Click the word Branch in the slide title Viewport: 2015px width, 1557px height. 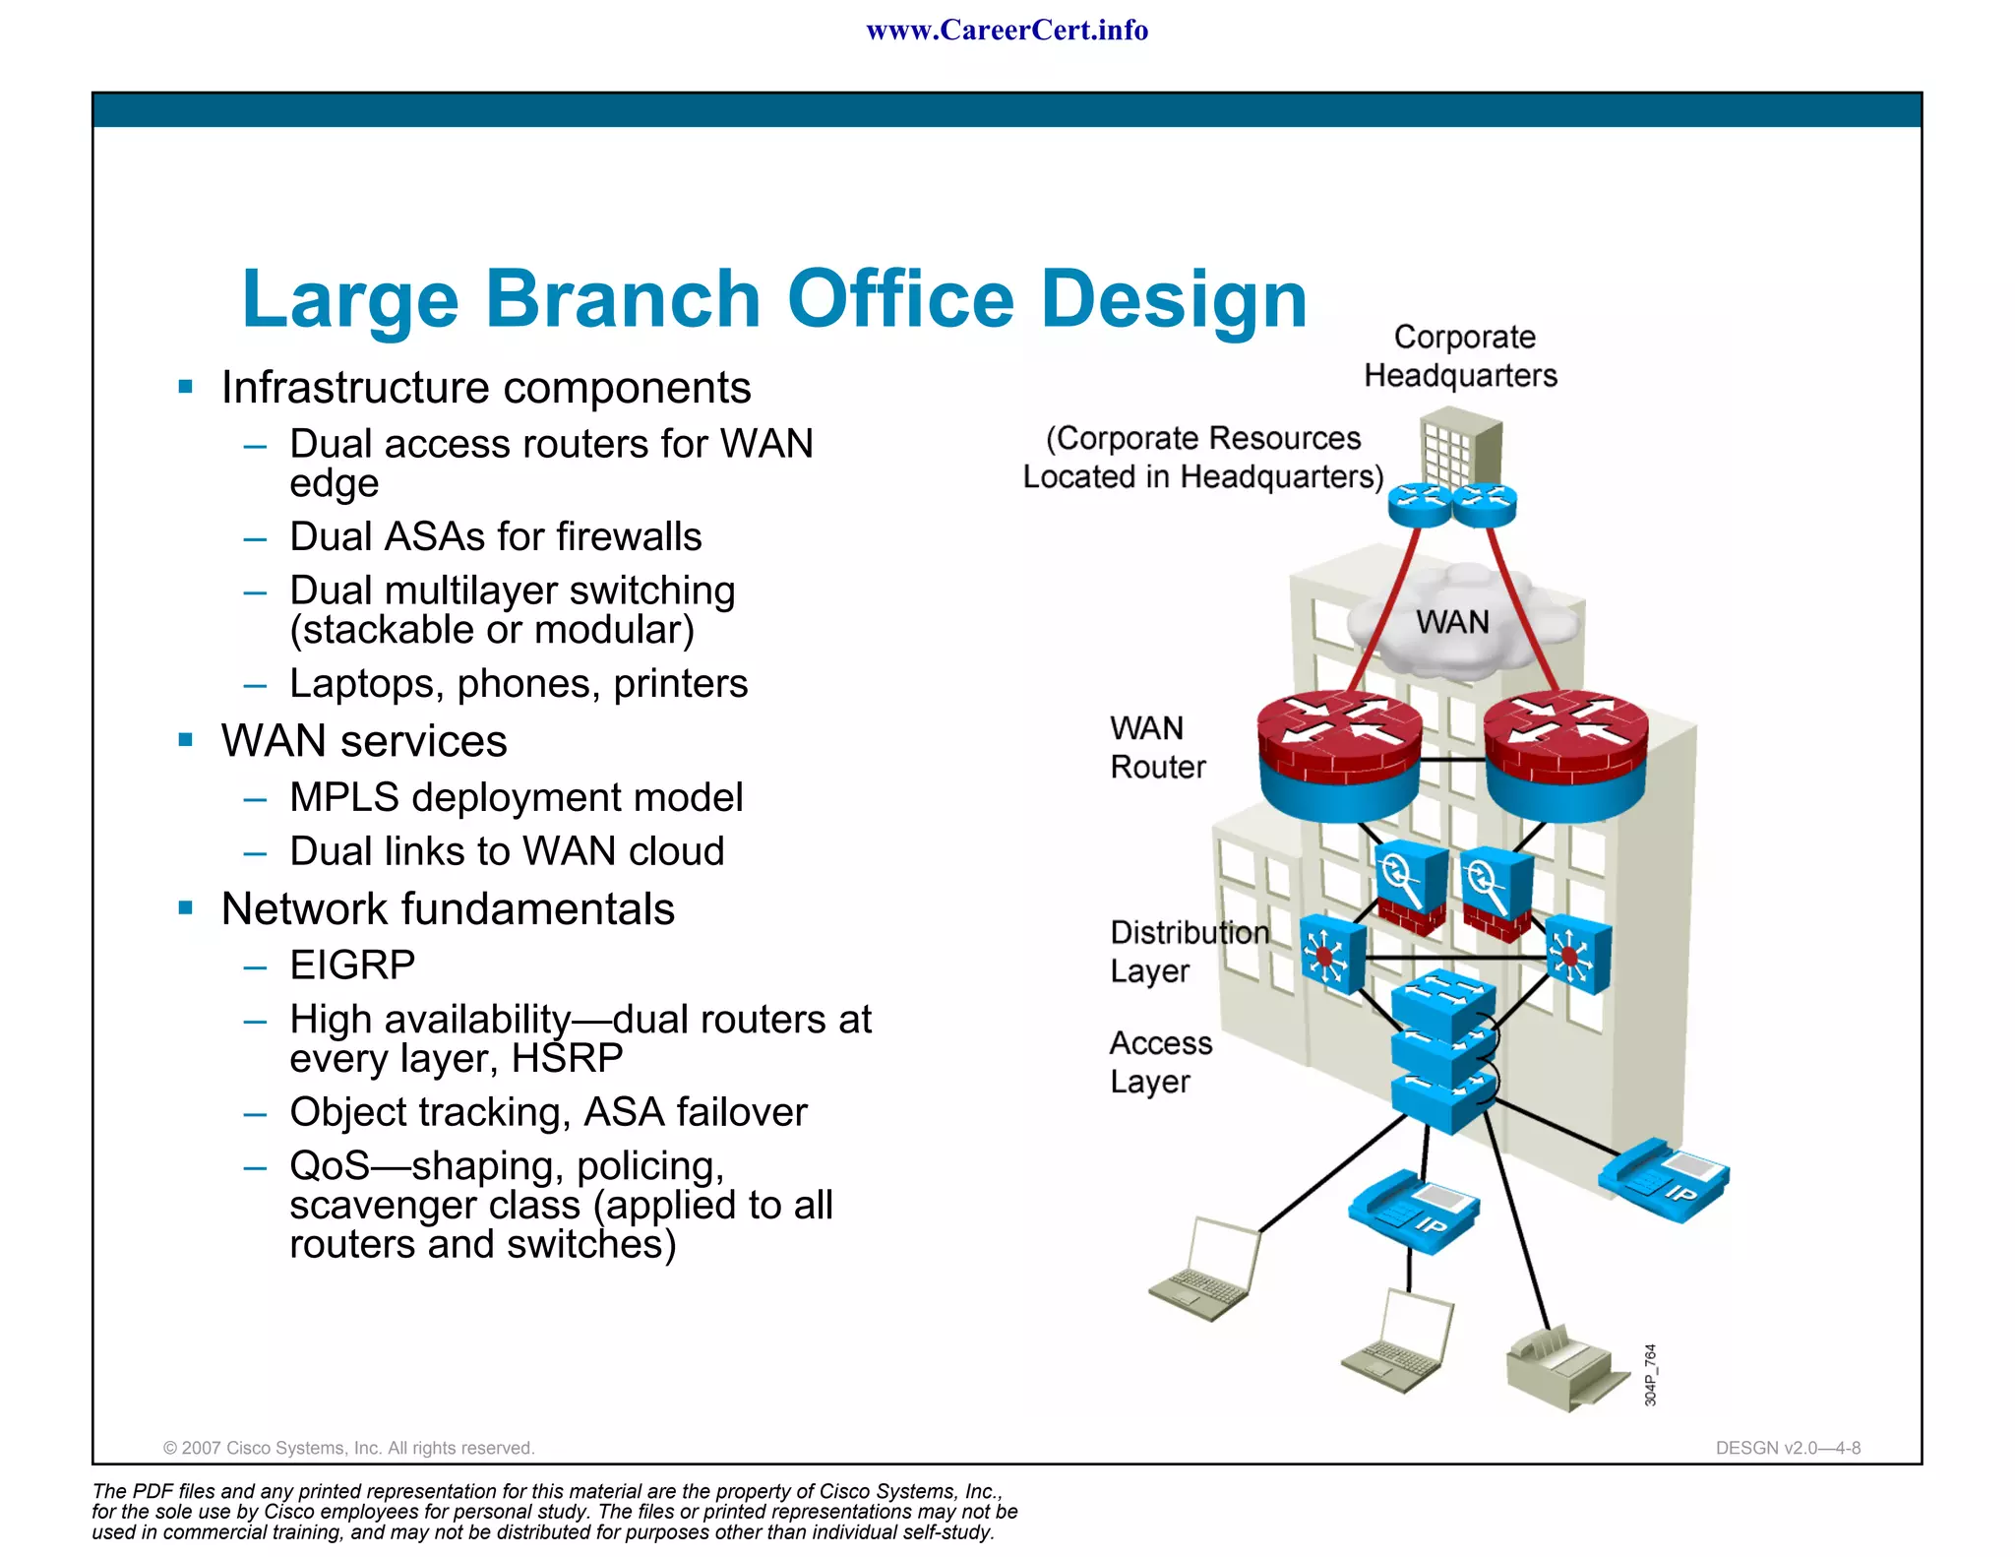coord(622,299)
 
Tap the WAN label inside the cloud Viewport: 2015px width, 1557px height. coord(1452,623)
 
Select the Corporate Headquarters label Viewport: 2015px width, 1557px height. coord(1462,356)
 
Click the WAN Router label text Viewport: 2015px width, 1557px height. coord(1156,748)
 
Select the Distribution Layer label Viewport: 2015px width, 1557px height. coord(1189,952)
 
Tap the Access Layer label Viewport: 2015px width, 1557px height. coord(1160,1062)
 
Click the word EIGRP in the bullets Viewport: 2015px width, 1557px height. coord(352,965)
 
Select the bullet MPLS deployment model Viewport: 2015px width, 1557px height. coord(516,798)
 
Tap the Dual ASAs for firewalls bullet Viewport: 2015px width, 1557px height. coord(495,537)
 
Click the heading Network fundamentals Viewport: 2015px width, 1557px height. coord(448,909)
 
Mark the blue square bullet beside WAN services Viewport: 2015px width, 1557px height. coord(186,740)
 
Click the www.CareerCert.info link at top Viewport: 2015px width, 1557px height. coord(1007,31)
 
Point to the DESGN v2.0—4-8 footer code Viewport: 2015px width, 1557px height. coord(1788,1448)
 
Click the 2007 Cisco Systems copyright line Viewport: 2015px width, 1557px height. coord(348,1448)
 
